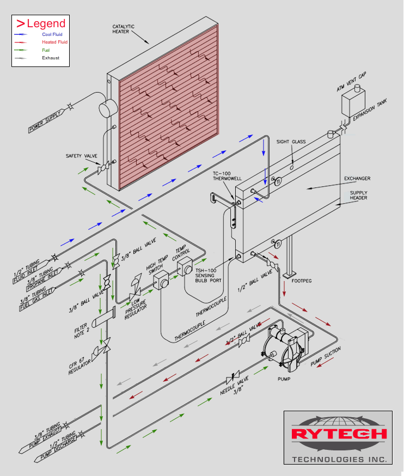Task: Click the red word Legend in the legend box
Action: tap(46, 23)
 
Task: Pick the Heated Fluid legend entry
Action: tap(54, 42)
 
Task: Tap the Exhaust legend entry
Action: tap(51, 58)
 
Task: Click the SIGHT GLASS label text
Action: tap(291, 142)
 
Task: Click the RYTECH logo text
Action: tap(338, 434)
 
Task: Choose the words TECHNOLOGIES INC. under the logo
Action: tap(339, 459)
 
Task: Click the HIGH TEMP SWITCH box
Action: tap(161, 282)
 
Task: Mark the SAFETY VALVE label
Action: tap(81, 156)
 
